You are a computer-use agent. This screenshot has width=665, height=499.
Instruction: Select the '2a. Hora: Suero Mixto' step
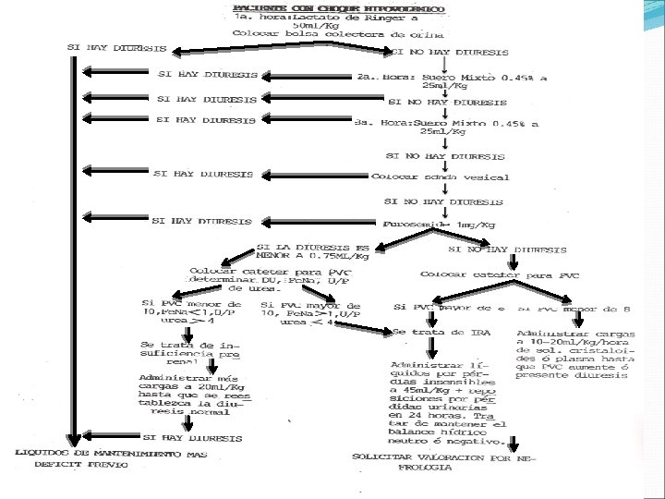(x=452, y=79)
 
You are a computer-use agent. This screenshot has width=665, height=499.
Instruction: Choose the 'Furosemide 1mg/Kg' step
(x=439, y=225)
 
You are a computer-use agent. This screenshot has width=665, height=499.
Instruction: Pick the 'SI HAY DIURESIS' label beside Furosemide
(x=202, y=222)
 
